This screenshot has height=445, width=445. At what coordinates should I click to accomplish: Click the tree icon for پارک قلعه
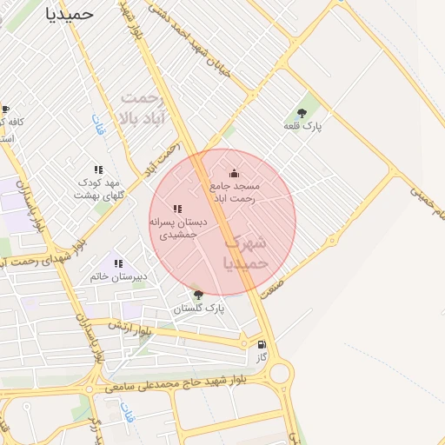[302, 113]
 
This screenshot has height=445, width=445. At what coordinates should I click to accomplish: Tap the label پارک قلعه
[302, 127]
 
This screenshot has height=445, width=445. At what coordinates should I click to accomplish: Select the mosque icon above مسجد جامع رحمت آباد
[233, 173]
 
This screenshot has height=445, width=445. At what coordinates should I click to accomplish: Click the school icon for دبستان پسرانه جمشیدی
[177, 209]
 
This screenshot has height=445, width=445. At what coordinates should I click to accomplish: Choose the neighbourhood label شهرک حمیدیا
[247, 251]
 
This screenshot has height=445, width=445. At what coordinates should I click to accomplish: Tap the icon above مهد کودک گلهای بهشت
[98, 169]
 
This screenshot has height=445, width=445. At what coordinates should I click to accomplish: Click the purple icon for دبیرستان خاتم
[118, 263]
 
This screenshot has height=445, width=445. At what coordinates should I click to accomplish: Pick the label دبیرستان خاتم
[119, 277]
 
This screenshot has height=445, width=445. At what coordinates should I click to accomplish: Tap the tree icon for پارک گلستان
[198, 295]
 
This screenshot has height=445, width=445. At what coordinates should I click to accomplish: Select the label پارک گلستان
[198, 309]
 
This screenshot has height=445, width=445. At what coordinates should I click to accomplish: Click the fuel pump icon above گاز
[262, 344]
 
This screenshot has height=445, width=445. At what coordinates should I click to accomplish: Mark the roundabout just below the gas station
[280, 375]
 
